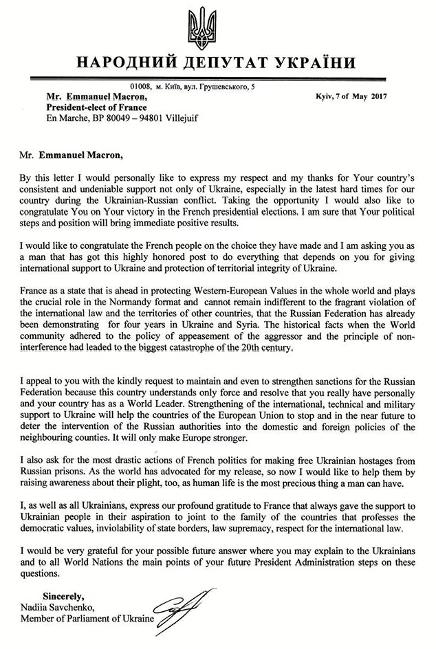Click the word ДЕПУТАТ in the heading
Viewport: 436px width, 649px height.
219,65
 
